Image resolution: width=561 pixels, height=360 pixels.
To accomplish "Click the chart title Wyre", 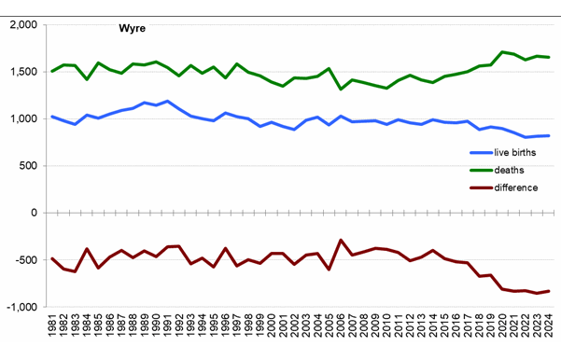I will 132,30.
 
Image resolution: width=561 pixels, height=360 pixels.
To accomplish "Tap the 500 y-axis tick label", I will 27,166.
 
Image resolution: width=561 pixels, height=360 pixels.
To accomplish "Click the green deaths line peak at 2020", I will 502,52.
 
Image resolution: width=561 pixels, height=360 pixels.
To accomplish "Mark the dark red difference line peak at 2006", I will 341,241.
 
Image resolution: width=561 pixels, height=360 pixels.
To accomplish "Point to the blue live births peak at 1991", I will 168,101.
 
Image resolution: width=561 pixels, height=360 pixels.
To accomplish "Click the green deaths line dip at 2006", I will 341,89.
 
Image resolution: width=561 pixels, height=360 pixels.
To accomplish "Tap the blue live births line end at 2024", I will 548,136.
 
